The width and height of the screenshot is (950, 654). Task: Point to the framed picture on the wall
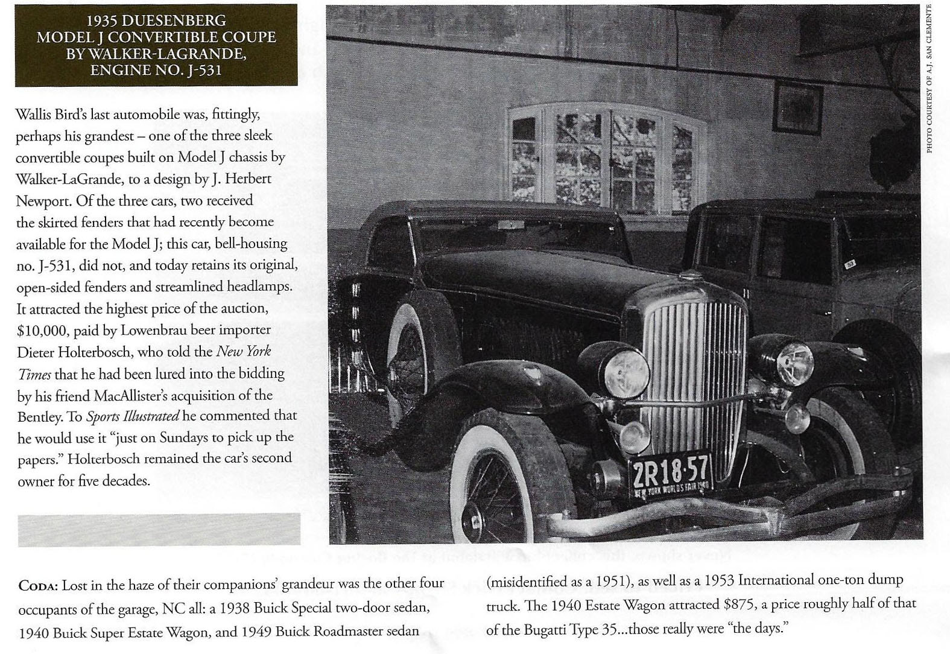(798, 106)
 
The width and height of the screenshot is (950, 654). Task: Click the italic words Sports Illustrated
(133, 416)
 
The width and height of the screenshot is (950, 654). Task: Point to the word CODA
(39, 586)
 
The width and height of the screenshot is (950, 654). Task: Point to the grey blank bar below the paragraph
(159, 530)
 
